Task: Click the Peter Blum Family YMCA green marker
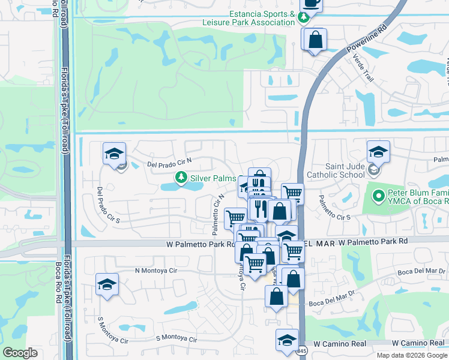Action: (x=378, y=196)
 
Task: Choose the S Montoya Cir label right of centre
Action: (x=176, y=338)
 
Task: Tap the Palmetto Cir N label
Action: (x=217, y=212)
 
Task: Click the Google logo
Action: (x=20, y=353)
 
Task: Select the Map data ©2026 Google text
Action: (x=412, y=355)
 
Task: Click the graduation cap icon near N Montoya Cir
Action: (x=107, y=284)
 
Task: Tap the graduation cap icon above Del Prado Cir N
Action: (x=113, y=153)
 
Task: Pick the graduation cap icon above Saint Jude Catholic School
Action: (x=378, y=151)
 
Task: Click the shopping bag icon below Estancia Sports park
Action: (x=315, y=40)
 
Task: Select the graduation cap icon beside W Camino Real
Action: (x=287, y=339)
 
